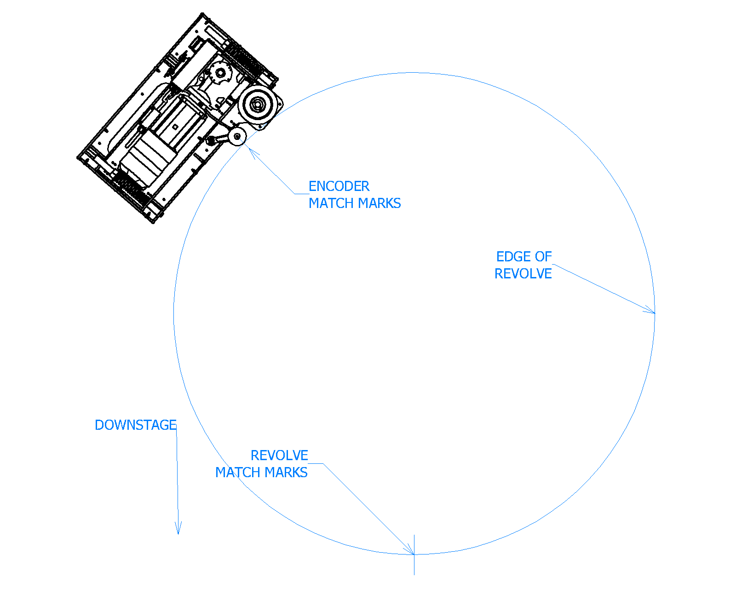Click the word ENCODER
point(339,186)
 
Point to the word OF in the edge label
point(543,257)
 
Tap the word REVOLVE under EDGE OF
point(523,274)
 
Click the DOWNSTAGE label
point(136,425)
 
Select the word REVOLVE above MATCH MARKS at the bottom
point(279,456)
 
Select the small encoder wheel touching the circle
point(237,136)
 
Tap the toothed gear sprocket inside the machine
point(221,73)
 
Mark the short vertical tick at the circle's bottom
point(414,555)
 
